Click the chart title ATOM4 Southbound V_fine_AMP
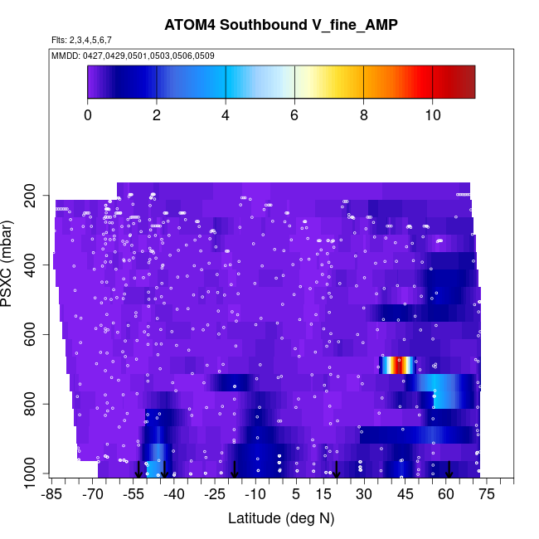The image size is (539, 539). (280, 25)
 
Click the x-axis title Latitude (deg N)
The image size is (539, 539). (280, 518)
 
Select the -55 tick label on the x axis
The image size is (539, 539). (134, 494)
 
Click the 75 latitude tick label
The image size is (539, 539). (486, 494)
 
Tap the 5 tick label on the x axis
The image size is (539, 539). (296, 494)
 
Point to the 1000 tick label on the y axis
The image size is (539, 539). (33, 473)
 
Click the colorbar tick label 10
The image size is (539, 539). (432, 115)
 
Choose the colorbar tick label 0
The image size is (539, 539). (88, 115)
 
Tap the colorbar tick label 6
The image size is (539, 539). (294, 115)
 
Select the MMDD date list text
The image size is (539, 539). (133, 56)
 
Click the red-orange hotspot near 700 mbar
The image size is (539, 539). (399, 365)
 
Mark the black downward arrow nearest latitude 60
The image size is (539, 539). (449, 469)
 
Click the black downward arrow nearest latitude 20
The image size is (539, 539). (337, 469)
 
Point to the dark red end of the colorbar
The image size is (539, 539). (466, 82)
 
